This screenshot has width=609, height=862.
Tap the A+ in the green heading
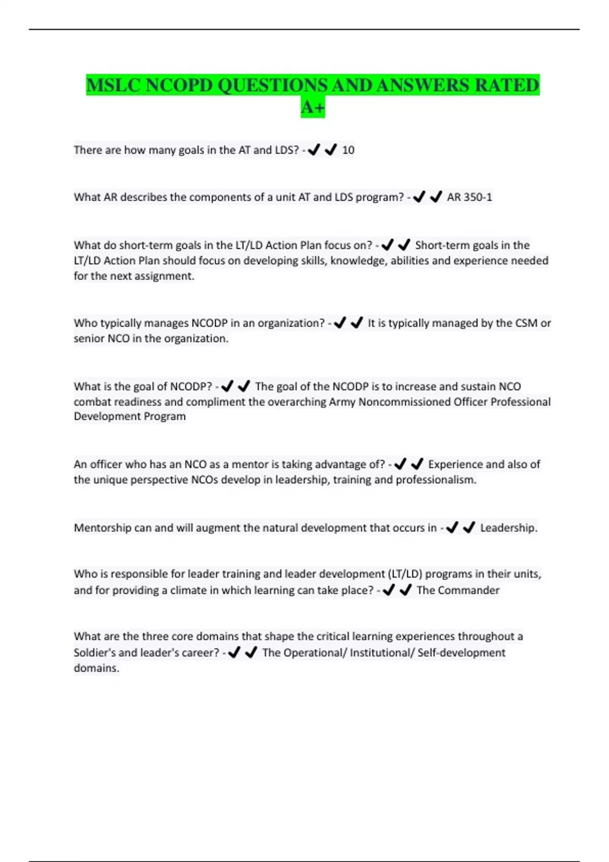click(313, 107)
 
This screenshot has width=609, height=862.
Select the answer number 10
click(348, 150)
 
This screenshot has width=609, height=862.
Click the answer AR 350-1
click(469, 197)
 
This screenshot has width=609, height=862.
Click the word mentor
click(249, 464)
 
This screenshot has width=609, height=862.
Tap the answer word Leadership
click(508, 528)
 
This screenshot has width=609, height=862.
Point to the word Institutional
click(381, 653)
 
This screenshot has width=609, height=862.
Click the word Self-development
click(461, 653)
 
